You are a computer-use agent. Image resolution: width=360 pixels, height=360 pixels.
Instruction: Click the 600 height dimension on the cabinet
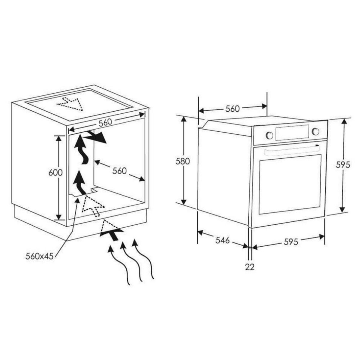(x=55, y=172)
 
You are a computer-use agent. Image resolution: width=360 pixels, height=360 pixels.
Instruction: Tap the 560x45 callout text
(x=39, y=256)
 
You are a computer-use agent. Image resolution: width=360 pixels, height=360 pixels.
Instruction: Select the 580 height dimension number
(x=182, y=161)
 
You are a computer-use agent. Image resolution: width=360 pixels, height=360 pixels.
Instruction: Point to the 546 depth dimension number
(x=223, y=240)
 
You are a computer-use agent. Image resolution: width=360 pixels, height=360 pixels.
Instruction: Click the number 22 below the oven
(x=250, y=267)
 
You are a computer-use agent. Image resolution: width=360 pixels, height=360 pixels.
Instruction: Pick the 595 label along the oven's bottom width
(x=291, y=242)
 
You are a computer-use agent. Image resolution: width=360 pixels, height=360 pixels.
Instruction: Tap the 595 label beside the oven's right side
(x=343, y=165)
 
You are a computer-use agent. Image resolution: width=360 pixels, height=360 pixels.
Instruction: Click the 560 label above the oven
(x=232, y=109)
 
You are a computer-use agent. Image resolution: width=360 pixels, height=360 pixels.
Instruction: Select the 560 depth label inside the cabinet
(x=119, y=171)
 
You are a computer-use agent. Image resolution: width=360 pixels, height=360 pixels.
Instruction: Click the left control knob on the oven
(x=269, y=135)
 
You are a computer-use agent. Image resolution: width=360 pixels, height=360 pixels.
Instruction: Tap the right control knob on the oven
(x=316, y=131)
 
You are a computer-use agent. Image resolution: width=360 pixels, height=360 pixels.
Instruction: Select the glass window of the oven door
(x=290, y=185)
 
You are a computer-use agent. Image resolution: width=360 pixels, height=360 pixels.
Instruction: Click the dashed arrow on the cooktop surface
(x=70, y=104)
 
